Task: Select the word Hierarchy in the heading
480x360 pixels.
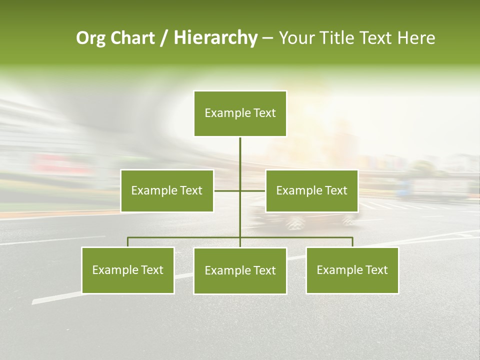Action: coord(215,38)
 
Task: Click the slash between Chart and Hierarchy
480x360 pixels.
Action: coord(164,38)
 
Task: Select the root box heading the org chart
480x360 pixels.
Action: coord(240,113)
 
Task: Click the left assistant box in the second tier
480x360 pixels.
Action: coord(167,190)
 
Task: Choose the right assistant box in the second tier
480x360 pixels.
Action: coord(311,190)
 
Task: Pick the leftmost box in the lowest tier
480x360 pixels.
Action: coord(127,270)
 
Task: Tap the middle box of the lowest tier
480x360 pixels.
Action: coord(240,270)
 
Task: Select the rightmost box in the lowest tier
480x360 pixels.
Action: coord(352,270)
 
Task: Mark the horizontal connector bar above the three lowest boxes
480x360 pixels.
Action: coord(185,237)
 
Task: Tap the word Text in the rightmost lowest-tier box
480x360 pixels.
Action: coord(376,270)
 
